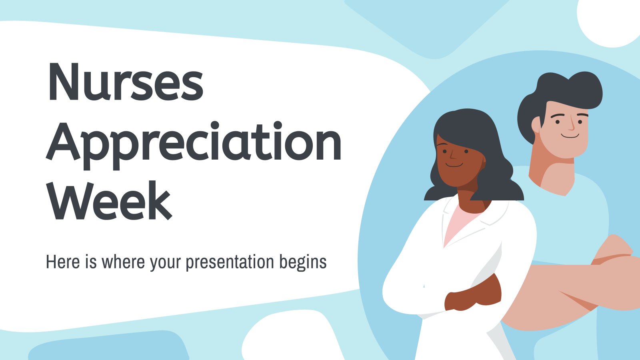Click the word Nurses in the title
coord(126,82)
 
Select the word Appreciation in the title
coord(194,145)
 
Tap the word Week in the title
coord(110,200)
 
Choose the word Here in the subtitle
coord(62,262)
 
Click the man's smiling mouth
coord(570,136)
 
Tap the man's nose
coord(571,124)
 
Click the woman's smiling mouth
coord(454,165)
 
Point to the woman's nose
coord(452,154)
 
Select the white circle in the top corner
coord(608,22)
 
